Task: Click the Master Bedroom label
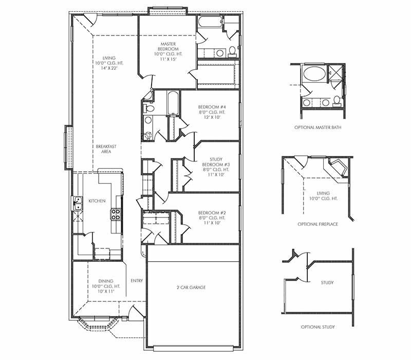[169, 46]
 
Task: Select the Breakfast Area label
[106, 149]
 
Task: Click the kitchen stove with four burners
[116, 214]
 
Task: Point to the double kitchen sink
[78, 203]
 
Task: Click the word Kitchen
[97, 201]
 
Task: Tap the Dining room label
[106, 281]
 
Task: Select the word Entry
[137, 281]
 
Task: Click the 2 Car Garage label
[191, 287]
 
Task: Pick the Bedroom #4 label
[212, 107]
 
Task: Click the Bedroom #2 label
[212, 213]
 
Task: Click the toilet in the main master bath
[232, 51]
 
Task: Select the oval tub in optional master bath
[314, 73]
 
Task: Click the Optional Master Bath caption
[317, 128]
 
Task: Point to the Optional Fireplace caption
[317, 224]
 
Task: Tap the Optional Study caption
[317, 327]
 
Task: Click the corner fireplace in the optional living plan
[338, 168]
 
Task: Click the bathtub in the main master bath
[210, 22]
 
